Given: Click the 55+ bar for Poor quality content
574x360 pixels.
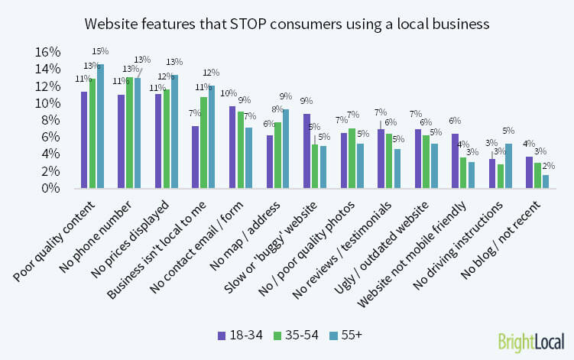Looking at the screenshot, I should [100, 126].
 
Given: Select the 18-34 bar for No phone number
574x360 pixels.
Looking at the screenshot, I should [122, 141].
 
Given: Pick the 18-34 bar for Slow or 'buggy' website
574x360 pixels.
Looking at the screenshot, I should [306, 151].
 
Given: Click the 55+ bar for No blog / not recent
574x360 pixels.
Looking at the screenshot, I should [545, 181].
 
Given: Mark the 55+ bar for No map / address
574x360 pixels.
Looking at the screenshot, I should [286, 149].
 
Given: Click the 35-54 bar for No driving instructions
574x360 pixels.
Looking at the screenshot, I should [500, 176].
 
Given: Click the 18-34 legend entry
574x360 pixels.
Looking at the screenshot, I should [234, 334].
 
